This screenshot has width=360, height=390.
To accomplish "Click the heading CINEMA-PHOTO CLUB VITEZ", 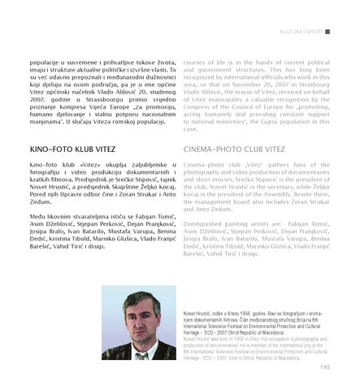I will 235,150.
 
